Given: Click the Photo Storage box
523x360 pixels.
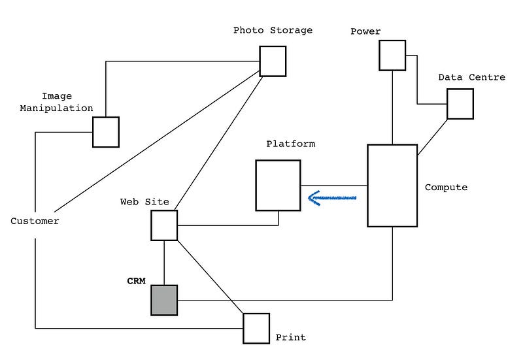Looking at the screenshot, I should [x=273, y=61].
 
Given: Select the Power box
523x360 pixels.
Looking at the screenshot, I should [x=392, y=55].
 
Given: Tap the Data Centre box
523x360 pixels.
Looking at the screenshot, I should [x=460, y=104].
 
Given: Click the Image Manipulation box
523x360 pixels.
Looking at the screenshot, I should [x=105, y=132].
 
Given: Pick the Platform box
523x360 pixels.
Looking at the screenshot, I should [x=278, y=185].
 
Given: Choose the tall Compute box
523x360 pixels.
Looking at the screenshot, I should [x=392, y=186].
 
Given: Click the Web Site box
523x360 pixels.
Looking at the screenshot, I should [x=164, y=225].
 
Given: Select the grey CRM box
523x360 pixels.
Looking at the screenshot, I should [x=164, y=300].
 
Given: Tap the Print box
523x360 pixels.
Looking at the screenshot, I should [x=256, y=328].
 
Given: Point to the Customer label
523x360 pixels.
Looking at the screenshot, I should [x=35, y=221].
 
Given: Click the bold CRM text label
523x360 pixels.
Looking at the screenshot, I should [x=136, y=281].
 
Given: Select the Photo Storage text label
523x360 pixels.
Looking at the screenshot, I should [x=273, y=30].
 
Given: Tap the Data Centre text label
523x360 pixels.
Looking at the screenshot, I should [x=471, y=77].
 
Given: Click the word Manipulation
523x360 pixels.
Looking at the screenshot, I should [x=56, y=108].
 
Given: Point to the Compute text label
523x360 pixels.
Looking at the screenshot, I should [x=446, y=188].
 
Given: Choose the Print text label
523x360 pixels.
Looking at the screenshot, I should [x=290, y=338].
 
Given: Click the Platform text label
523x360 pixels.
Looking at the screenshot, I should [x=290, y=144].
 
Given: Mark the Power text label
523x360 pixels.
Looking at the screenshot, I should [x=365, y=31].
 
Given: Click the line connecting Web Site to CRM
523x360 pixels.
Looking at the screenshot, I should [x=164, y=262].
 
